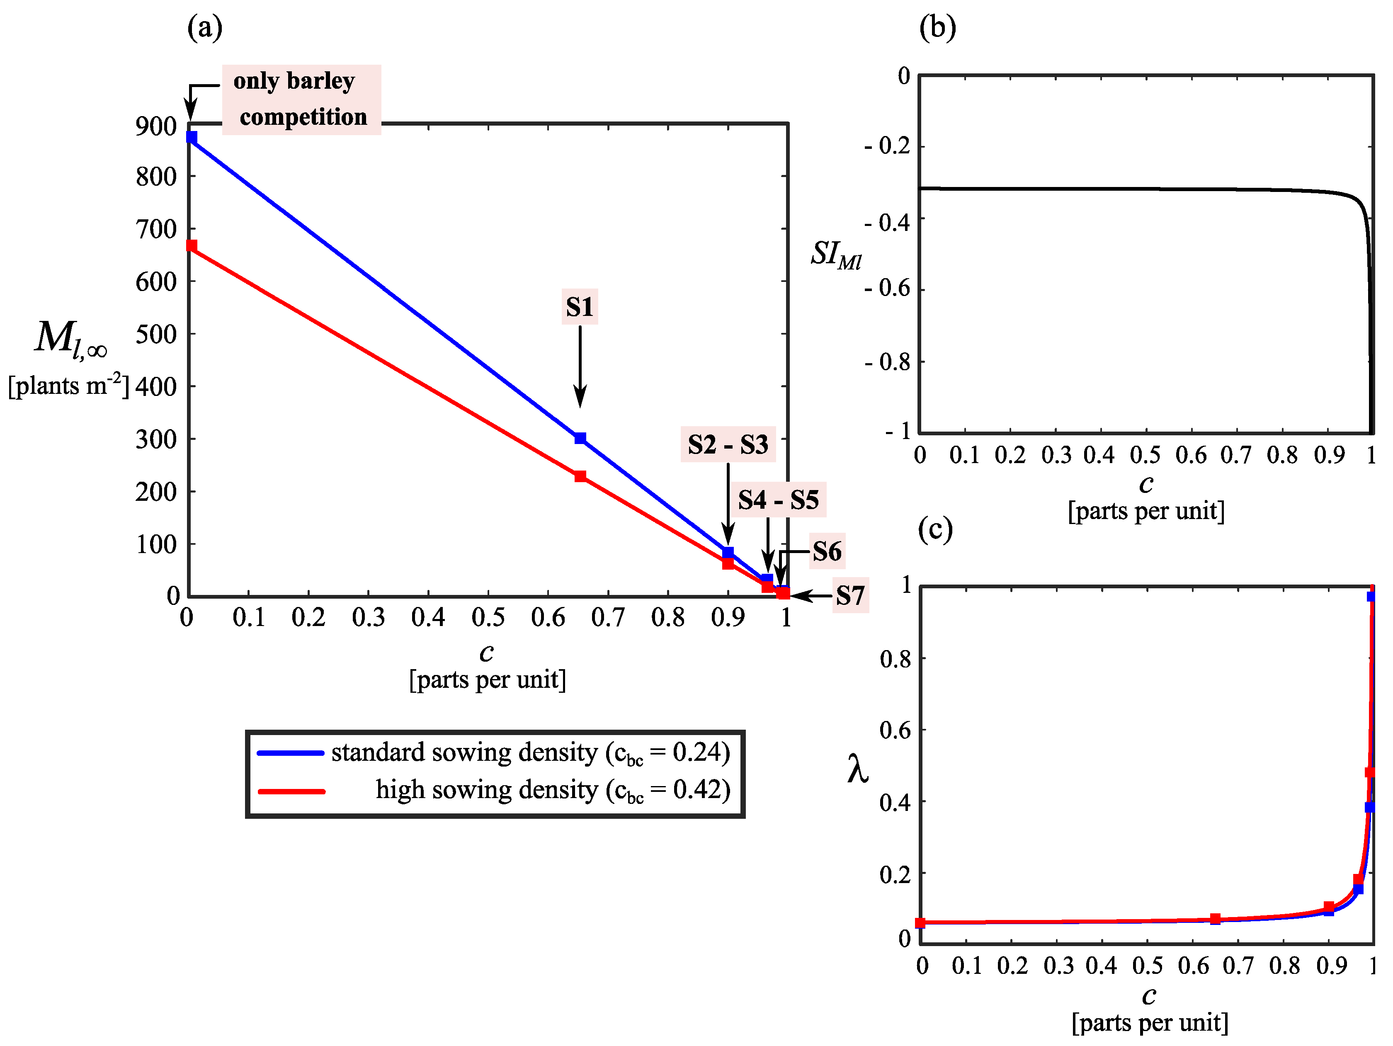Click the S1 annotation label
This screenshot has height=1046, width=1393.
[579, 307]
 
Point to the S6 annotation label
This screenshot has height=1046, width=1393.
[827, 552]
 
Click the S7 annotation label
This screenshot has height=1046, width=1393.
[850, 596]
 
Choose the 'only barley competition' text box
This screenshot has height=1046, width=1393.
[301, 100]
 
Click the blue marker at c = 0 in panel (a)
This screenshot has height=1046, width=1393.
[192, 137]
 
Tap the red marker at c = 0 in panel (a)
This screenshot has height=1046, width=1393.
[192, 245]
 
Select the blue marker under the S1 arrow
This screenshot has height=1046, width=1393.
[580, 438]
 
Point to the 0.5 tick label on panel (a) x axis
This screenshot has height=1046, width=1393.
[488, 618]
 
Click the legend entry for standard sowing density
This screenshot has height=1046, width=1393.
[530, 752]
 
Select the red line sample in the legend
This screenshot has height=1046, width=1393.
[291, 791]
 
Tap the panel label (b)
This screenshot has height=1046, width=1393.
[937, 28]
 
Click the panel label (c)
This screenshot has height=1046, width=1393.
[935, 529]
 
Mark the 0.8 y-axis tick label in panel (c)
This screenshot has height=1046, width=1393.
[895, 659]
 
